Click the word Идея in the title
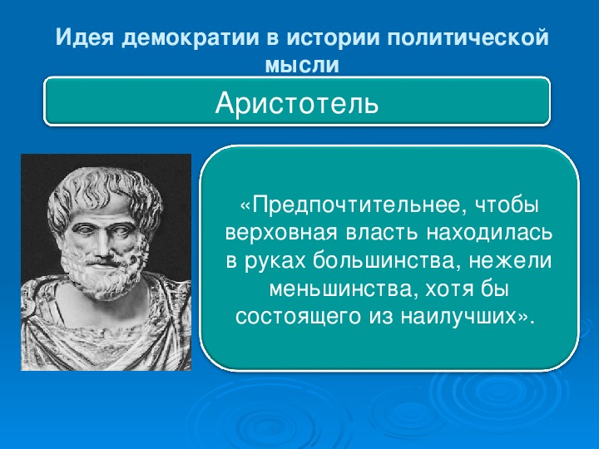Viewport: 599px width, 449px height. [x=84, y=37]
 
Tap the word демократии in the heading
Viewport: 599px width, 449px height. [x=191, y=38]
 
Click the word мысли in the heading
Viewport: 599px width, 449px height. [x=302, y=65]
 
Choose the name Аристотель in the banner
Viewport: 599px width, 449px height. [x=297, y=103]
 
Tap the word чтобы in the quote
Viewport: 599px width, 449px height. [x=507, y=205]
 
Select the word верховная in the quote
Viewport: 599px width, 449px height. [x=281, y=234]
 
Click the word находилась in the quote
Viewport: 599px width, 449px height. [x=489, y=234]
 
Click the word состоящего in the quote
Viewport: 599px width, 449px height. [x=298, y=317]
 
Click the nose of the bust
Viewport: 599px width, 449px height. [x=101, y=248]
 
